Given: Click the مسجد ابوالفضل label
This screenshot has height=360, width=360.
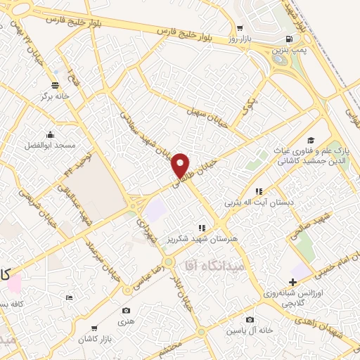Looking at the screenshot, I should click(51, 144).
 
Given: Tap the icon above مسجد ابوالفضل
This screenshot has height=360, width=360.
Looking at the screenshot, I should click(51, 134).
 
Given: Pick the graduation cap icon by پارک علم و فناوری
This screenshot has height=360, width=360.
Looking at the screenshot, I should click(311, 141).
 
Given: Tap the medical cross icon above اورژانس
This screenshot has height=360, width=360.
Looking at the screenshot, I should click(292, 281).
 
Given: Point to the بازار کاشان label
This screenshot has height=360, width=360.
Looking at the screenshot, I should click(92, 339).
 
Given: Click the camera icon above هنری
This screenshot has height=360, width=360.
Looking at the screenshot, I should click(126, 310).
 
